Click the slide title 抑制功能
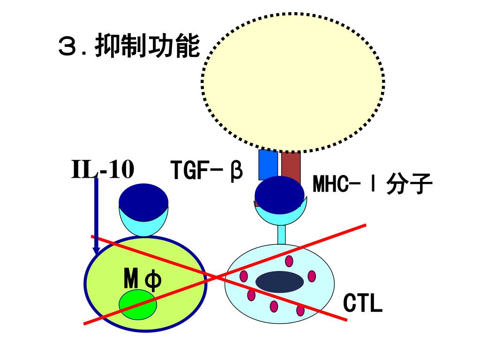tap(147, 47)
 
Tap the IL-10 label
tap(103, 170)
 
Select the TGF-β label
tap(206, 171)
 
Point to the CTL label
tap(363, 303)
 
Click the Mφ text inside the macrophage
tap(142, 280)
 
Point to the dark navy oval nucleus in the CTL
tap(279, 282)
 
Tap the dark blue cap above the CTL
tap(279, 195)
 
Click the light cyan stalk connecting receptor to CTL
tap(281, 234)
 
